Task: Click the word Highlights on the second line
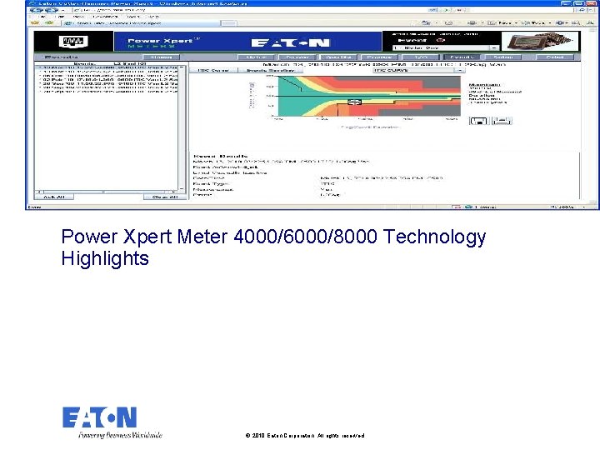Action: [105, 259]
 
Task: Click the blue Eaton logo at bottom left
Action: [99, 417]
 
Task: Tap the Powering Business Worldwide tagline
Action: [120, 434]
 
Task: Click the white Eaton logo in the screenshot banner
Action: [291, 42]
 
